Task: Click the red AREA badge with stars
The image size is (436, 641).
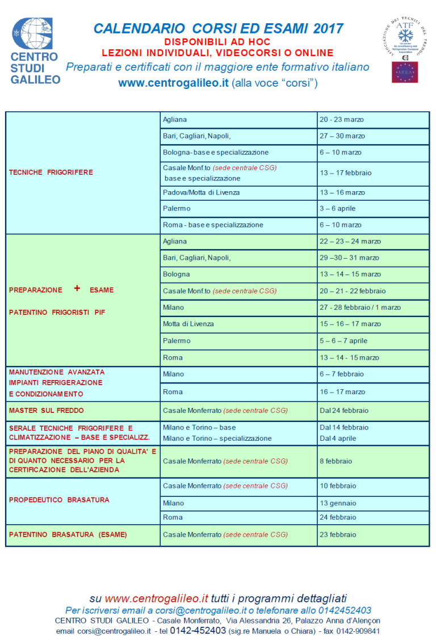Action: coord(404,73)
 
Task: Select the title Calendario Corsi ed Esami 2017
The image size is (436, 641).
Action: coord(218,28)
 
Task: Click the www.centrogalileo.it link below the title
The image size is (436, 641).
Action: coord(173,83)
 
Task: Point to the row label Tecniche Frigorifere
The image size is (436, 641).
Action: coord(51,172)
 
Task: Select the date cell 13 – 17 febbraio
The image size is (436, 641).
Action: coord(345,172)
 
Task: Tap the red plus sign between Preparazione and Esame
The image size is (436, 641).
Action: coord(77,289)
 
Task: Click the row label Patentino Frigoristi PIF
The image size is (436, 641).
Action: coord(57,312)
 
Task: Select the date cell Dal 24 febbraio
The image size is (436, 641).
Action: coord(344,410)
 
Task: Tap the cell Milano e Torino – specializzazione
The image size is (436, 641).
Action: coord(217,438)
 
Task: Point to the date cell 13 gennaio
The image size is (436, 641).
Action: coord(338,503)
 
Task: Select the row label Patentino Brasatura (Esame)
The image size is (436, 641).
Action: coord(68,534)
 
